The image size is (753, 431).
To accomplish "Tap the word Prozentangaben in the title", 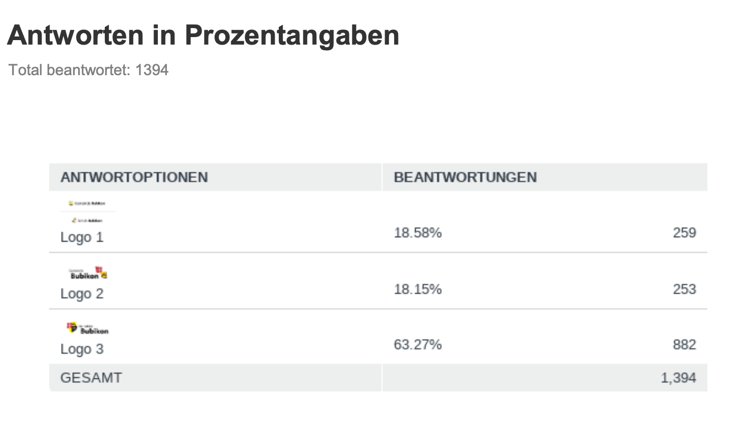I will [292, 35].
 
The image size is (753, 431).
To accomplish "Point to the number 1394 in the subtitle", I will [152, 70].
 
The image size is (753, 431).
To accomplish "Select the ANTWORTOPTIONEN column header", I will [134, 177].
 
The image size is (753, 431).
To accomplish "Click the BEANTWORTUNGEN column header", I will [465, 177].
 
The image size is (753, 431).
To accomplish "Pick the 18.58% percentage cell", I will [418, 233].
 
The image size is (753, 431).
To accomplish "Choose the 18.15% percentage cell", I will [418, 289].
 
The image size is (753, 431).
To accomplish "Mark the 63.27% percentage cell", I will [418, 345].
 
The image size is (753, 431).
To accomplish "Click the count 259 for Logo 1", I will [684, 233].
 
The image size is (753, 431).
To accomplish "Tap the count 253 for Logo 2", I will [684, 289].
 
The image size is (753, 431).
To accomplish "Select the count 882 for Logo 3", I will [684, 345].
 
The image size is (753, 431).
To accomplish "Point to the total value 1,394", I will [678, 378].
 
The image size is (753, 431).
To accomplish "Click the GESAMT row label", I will [91, 378].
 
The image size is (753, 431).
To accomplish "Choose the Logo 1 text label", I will [82, 237].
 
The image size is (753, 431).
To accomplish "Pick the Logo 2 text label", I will [82, 294].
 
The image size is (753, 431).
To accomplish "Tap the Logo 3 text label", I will [82, 349].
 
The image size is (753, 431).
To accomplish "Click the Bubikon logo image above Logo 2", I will [88, 273].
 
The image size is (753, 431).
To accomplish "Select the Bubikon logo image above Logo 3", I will [88, 329].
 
